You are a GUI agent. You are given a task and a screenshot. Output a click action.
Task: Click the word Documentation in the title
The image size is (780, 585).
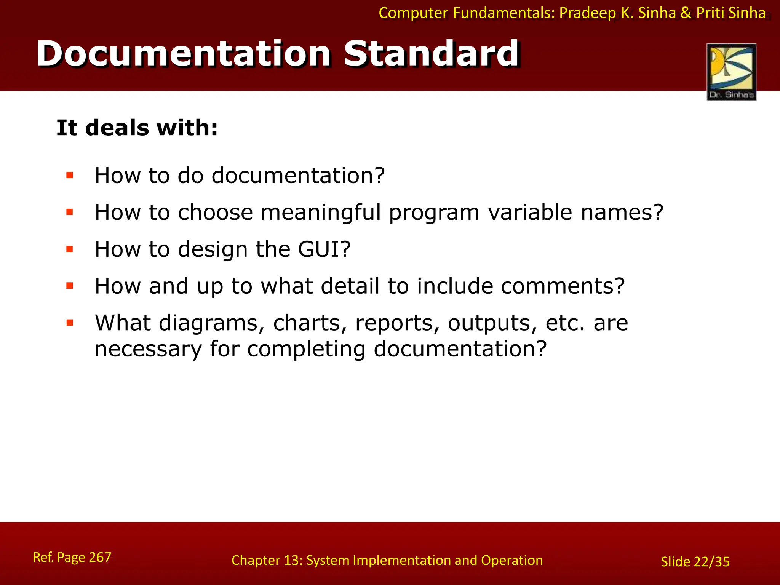[184, 54]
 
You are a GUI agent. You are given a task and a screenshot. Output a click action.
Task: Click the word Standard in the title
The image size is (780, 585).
[432, 54]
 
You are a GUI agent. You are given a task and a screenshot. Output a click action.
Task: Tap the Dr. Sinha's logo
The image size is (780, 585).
[731, 72]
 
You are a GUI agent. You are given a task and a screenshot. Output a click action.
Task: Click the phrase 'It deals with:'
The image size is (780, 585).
[137, 128]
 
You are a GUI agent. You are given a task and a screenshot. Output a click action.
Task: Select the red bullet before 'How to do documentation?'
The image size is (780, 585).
[69, 175]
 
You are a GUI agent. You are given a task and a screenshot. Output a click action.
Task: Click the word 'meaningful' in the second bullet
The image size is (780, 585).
[321, 212]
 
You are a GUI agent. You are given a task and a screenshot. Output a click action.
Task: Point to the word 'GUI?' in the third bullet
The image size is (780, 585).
[324, 249]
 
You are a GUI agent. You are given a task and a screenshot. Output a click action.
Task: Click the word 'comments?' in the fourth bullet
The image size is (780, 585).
[563, 286]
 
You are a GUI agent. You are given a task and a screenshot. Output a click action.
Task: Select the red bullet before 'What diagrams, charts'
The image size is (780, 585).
[69, 323]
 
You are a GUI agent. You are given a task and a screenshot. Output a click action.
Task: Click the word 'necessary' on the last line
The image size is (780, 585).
[148, 349]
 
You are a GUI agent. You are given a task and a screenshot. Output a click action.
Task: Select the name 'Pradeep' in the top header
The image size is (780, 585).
[587, 13]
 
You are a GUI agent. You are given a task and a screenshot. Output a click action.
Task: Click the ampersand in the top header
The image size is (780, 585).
[686, 13]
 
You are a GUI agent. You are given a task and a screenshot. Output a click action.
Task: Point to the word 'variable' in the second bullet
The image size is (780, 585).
[530, 212]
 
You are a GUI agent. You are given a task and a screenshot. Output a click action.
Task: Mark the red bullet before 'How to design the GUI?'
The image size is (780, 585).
[69, 249]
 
